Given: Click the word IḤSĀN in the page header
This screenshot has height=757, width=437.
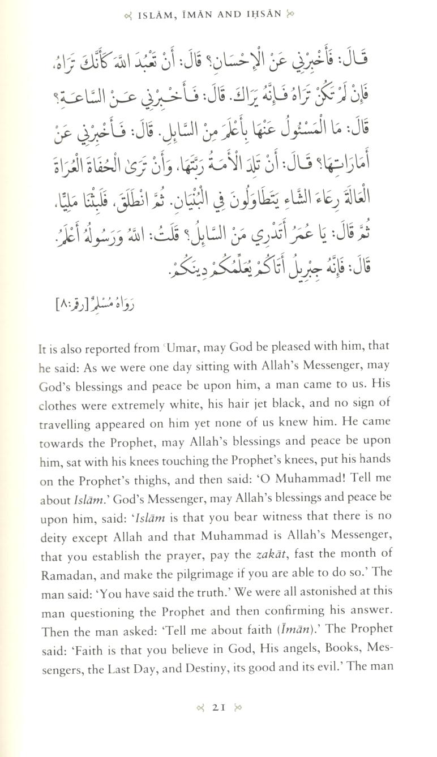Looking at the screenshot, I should coord(261,14).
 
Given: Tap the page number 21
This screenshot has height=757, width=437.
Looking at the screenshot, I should coord(218,739).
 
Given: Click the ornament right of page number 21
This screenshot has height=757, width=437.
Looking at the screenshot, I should coord(238,739).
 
